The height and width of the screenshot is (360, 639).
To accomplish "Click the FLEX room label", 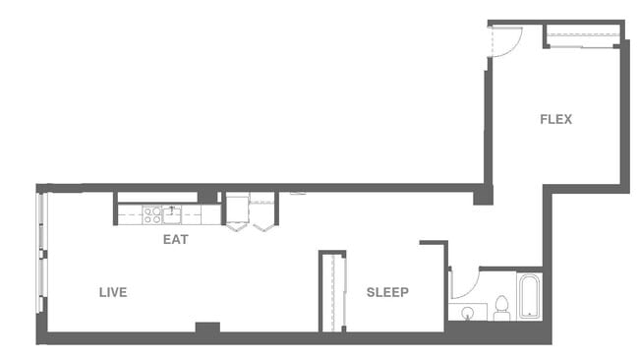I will [x=555, y=120].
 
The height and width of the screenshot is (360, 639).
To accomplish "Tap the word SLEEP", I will [x=387, y=292].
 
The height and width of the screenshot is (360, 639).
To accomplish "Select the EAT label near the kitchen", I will [x=176, y=239].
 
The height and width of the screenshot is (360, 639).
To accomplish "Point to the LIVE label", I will [x=113, y=292].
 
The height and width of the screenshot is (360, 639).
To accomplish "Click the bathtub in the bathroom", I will [x=529, y=295].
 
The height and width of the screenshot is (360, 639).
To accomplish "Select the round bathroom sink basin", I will [x=468, y=313].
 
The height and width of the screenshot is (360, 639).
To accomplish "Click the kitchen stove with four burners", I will [x=152, y=212].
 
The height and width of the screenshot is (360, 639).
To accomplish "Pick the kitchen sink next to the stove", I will [x=173, y=212].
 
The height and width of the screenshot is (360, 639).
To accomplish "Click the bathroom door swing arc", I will [x=464, y=285].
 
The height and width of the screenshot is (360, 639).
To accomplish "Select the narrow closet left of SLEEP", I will [x=332, y=292].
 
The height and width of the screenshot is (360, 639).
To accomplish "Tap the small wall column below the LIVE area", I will [x=207, y=328].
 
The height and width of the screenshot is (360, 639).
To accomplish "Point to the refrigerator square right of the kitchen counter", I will [x=237, y=208].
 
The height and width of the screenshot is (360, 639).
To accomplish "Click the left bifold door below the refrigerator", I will [x=237, y=226].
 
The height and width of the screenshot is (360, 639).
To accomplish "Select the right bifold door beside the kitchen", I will [x=262, y=226].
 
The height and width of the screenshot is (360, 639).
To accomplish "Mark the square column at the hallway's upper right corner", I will [x=483, y=196].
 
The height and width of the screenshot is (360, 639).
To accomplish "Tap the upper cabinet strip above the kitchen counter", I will [x=157, y=197].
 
